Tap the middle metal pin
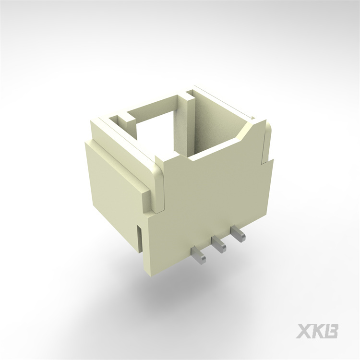coord(218,245)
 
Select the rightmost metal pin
coord(238,235)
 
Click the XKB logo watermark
coord(317,331)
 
